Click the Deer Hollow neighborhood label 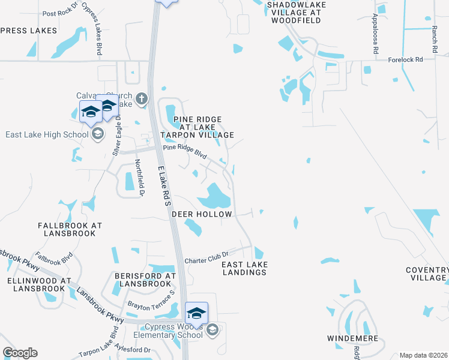click(x=193, y=214)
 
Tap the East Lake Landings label click(x=244, y=268)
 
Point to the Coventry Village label click(x=426, y=274)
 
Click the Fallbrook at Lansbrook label click(x=67, y=229)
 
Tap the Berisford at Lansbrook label click(x=144, y=280)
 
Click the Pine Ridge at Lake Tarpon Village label click(x=203, y=127)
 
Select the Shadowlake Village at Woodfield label click(x=294, y=12)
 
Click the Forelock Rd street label click(x=405, y=59)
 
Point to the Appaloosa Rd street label click(x=375, y=35)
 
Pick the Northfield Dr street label click(x=139, y=178)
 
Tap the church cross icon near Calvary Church click(x=142, y=98)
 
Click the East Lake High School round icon click(x=97, y=134)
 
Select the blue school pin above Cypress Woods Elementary click(x=196, y=313)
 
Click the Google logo click(x=20, y=353)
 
